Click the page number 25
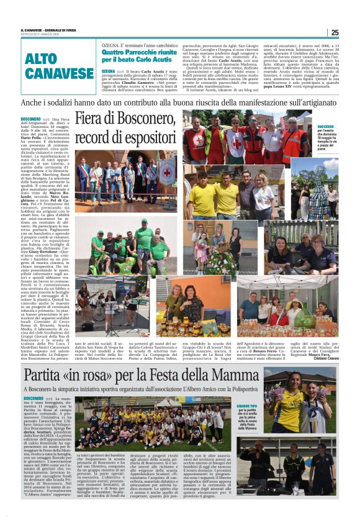pos(335,32)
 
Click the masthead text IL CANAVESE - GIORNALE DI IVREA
pos(50,30)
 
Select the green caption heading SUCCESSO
pos(326,126)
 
